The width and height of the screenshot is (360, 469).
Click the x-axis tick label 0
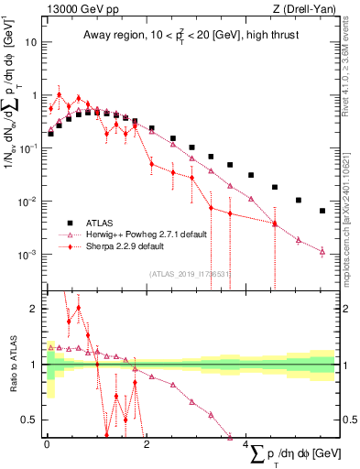tap(47, 444)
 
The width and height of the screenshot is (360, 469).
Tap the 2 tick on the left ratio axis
tap(36, 309)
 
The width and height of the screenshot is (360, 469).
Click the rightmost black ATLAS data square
tap(322, 211)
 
